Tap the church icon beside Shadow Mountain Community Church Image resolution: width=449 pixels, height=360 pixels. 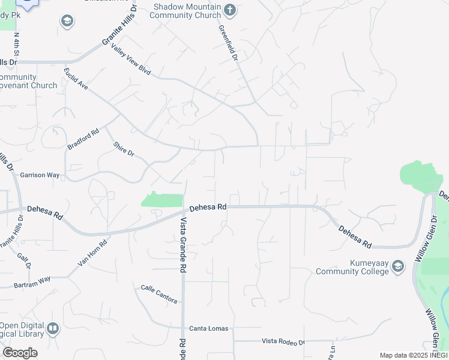pos(229,10)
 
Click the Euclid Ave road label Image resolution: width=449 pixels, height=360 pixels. pos(76,79)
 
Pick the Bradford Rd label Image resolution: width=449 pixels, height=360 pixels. pos(83,139)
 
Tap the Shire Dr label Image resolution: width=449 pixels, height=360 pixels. pos(124,148)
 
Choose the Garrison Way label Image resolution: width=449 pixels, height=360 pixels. pos(40,175)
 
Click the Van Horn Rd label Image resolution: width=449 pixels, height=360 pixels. pos(92,253)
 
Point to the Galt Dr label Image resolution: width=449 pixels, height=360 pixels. pos(24,262)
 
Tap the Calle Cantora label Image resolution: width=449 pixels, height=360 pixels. pos(158,292)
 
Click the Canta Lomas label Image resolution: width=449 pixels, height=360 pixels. pos(205,328)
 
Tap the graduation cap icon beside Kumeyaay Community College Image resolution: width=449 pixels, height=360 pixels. pos(397,268)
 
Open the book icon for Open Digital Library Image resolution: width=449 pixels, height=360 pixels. pos(53,329)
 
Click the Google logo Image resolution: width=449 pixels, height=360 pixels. pos(20,353)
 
